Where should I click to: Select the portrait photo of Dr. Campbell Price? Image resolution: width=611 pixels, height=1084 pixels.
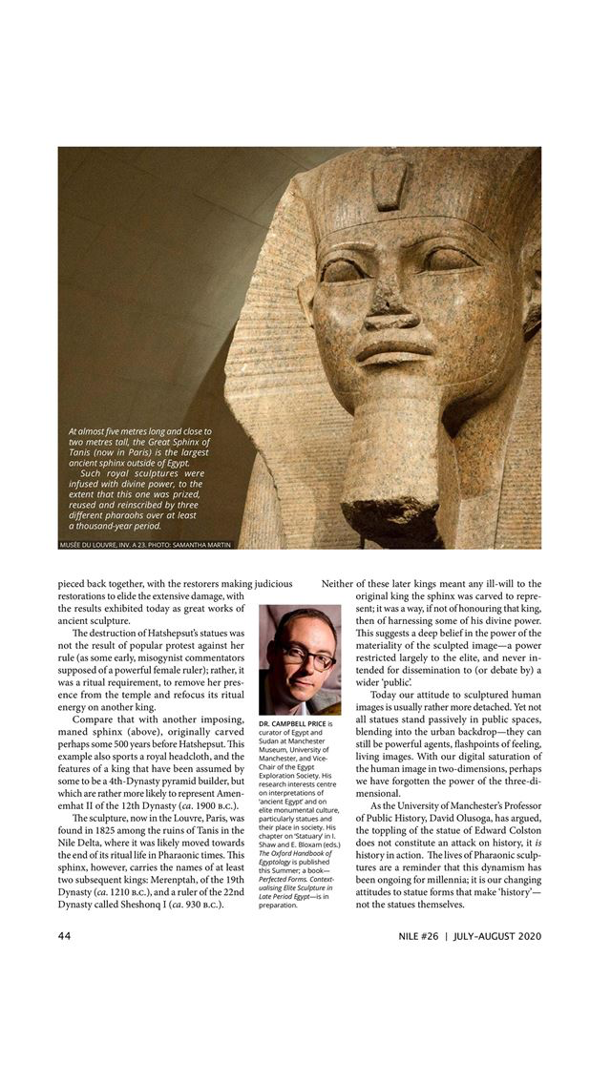[x=299, y=659]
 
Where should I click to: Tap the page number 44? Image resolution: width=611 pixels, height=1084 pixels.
[x=66, y=935]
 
